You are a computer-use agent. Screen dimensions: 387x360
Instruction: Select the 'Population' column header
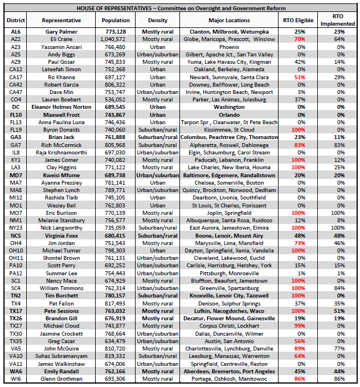(116, 20)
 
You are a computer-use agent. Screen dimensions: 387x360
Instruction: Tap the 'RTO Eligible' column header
(296, 20)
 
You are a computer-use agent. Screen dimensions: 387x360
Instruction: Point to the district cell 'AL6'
(15, 31)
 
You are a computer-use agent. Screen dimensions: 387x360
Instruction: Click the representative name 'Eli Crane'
(62, 39)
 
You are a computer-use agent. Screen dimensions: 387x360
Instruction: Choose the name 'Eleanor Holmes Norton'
(62, 107)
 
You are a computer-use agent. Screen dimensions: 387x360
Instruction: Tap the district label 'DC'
(15, 107)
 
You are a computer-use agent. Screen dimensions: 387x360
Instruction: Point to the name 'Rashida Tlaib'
(62, 197)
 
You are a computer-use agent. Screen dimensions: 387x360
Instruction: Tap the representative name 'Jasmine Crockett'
(62, 333)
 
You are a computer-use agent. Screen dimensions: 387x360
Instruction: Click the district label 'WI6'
(15, 378)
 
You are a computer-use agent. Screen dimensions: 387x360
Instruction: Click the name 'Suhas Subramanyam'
(62, 356)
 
